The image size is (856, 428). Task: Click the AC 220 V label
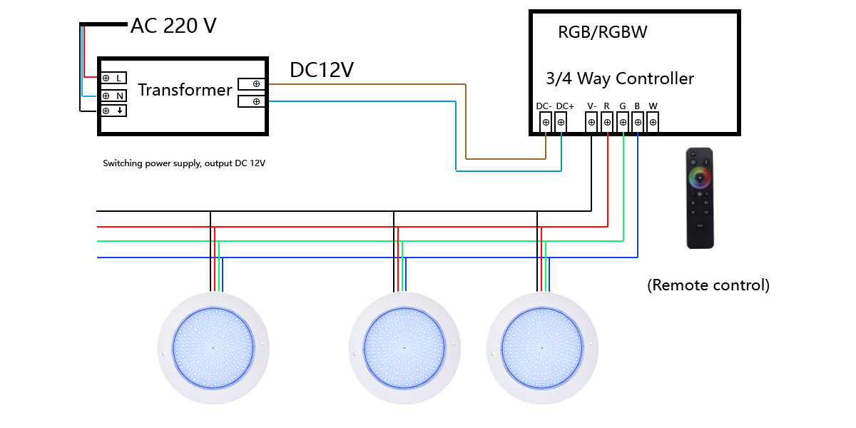(173, 26)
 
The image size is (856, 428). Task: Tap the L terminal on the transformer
(113, 77)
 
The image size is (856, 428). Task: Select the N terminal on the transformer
(113, 96)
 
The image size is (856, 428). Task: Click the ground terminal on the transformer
(113, 111)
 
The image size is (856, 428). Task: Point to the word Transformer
(185, 90)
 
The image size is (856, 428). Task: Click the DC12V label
(322, 70)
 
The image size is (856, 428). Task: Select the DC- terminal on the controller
(546, 122)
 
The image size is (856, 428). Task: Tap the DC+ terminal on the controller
(561, 122)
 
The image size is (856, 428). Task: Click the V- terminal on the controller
(591, 122)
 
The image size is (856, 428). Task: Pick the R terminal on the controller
(607, 122)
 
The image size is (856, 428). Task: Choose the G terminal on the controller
(623, 122)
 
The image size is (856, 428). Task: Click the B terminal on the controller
(638, 122)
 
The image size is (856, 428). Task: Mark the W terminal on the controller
(653, 122)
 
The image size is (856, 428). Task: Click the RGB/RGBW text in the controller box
(603, 32)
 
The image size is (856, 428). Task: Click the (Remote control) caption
(708, 285)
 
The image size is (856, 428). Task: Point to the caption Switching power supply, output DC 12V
(184, 163)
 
